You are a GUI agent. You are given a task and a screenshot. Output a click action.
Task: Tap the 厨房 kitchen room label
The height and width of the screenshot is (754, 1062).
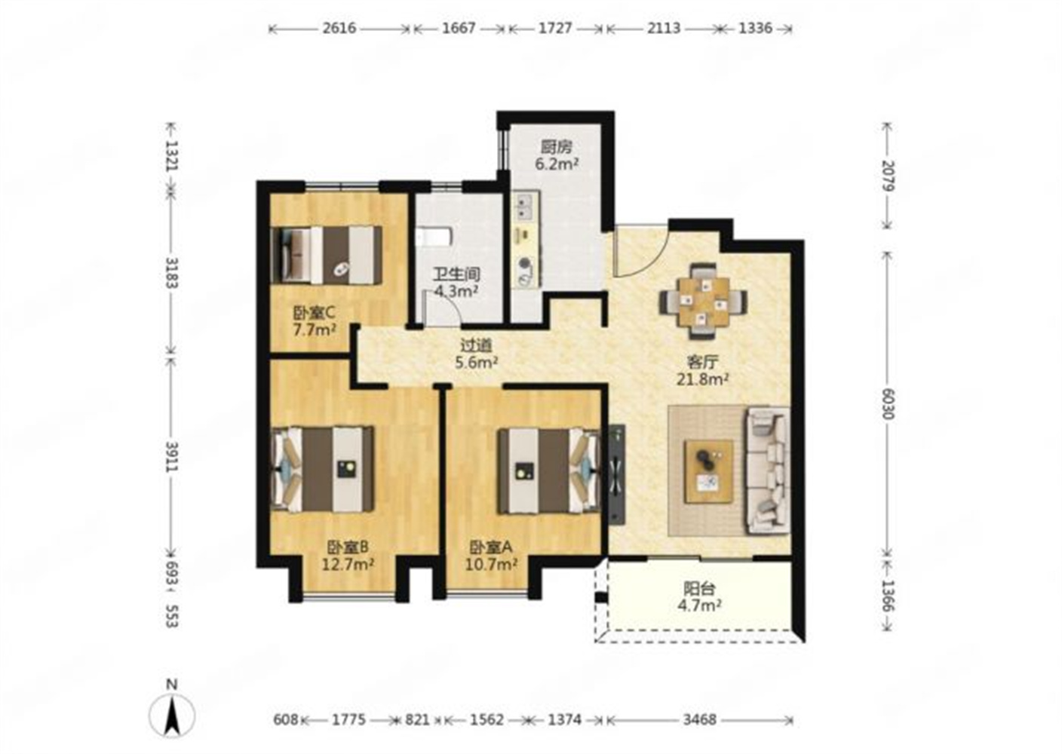(x=557, y=147)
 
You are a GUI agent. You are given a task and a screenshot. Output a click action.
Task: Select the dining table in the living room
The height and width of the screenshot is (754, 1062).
(x=703, y=302)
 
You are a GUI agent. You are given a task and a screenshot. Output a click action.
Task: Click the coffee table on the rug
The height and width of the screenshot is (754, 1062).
(x=709, y=471)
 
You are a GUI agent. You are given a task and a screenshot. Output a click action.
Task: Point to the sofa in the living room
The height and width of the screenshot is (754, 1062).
(x=768, y=471)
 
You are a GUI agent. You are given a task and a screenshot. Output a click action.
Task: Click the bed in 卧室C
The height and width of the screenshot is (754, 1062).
(x=326, y=255)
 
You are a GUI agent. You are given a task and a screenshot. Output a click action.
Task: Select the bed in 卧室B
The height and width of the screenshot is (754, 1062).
(x=322, y=469)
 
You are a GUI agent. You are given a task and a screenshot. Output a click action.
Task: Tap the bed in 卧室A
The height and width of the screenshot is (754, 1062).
(x=549, y=470)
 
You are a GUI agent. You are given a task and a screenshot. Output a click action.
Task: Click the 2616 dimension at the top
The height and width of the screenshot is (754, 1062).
(x=339, y=28)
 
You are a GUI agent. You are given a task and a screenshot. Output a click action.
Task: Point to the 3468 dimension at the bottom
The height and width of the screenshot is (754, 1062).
(x=699, y=720)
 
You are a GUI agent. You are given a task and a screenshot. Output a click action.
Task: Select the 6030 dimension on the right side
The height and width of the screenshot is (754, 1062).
(x=888, y=404)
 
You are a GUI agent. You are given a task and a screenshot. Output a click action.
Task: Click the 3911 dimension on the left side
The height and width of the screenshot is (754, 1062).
(x=171, y=456)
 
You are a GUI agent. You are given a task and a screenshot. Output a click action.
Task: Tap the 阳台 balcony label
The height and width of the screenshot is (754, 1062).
(x=699, y=589)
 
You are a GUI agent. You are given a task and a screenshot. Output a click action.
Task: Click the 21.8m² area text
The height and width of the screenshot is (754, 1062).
(x=703, y=379)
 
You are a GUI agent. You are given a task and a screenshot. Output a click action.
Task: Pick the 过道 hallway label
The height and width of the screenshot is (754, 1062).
(x=476, y=345)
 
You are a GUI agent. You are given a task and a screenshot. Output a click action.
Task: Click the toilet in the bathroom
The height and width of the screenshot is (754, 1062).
(x=434, y=237)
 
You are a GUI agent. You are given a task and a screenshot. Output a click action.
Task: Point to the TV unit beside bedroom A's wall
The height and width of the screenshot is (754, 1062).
(x=617, y=474)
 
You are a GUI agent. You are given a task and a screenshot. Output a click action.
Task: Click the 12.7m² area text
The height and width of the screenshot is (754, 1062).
(x=348, y=565)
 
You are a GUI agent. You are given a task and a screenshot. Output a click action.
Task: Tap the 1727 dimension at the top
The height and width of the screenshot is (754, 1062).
(x=555, y=28)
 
